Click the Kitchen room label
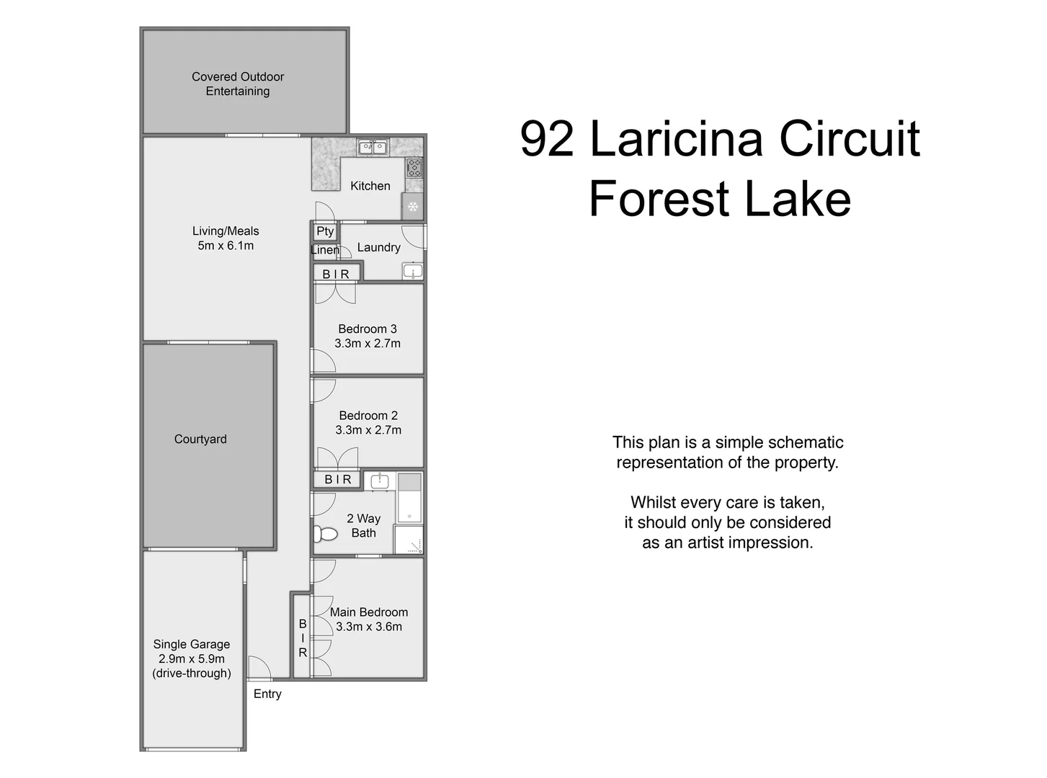pos(370,186)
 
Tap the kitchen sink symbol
pos(373,147)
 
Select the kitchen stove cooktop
pos(414,168)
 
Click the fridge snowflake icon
pos(413,207)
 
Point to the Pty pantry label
pos(325,231)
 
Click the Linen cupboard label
pos(325,250)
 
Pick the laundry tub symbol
pos(413,272)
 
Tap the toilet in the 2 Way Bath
pos(325,534)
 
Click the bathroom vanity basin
pos(380,480)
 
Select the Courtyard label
pos(200,439)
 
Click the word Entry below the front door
pos(267,694)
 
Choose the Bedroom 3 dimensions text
pos(367,343)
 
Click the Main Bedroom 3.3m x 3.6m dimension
pos(369,627)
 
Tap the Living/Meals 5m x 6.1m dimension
pos(226,246)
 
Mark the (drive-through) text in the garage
pos(192,674)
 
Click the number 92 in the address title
pos(547,139)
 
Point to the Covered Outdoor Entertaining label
pos(238,84)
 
